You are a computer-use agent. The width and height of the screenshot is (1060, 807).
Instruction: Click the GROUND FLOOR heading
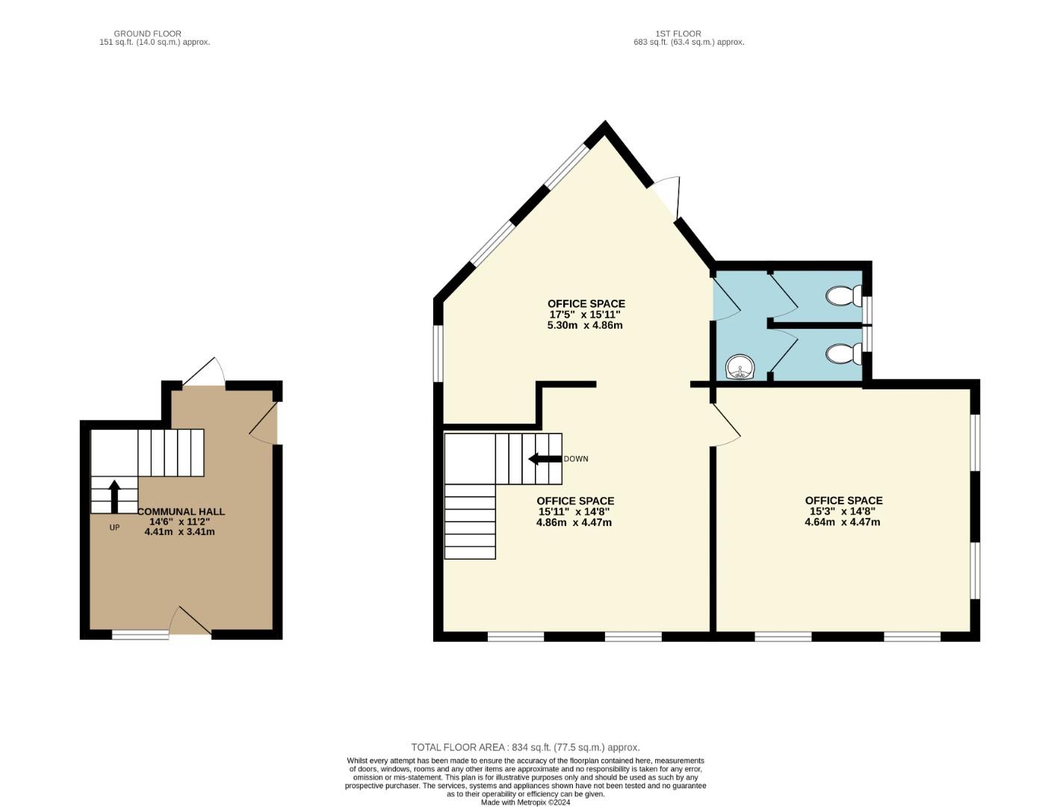(147, 34)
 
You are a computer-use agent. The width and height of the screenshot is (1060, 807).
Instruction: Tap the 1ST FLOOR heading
(678, 34)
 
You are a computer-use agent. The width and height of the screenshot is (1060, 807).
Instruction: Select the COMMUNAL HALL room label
(182, 512)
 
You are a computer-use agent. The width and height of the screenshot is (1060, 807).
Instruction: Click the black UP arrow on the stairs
(114, 495)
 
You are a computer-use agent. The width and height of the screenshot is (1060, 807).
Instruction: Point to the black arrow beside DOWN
(545, 459)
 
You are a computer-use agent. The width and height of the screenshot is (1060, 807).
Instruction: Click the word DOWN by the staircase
(576, 459)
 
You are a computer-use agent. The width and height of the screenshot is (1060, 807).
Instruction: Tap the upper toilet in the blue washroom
(844, 296)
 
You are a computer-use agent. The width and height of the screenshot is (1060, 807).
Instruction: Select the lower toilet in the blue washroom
(844, 353)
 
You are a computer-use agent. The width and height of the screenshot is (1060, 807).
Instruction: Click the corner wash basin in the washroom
(740, 367)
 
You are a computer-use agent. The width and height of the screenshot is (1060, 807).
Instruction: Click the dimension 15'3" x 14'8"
(843, 511)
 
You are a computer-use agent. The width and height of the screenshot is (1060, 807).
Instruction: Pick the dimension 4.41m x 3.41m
(179, 532)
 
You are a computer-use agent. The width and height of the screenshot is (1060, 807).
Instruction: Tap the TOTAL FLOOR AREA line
(525, 747)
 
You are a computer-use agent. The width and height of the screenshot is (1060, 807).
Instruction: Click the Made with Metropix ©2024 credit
(525, 803)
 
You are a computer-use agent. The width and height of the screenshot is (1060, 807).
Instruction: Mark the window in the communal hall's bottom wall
(140, 635)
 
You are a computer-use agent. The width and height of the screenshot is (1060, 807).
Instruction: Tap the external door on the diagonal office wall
(666, 198)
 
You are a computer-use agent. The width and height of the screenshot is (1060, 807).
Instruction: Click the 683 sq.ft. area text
(689, 43)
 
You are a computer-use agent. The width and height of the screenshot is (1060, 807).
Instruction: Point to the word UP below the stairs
(114, 528)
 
